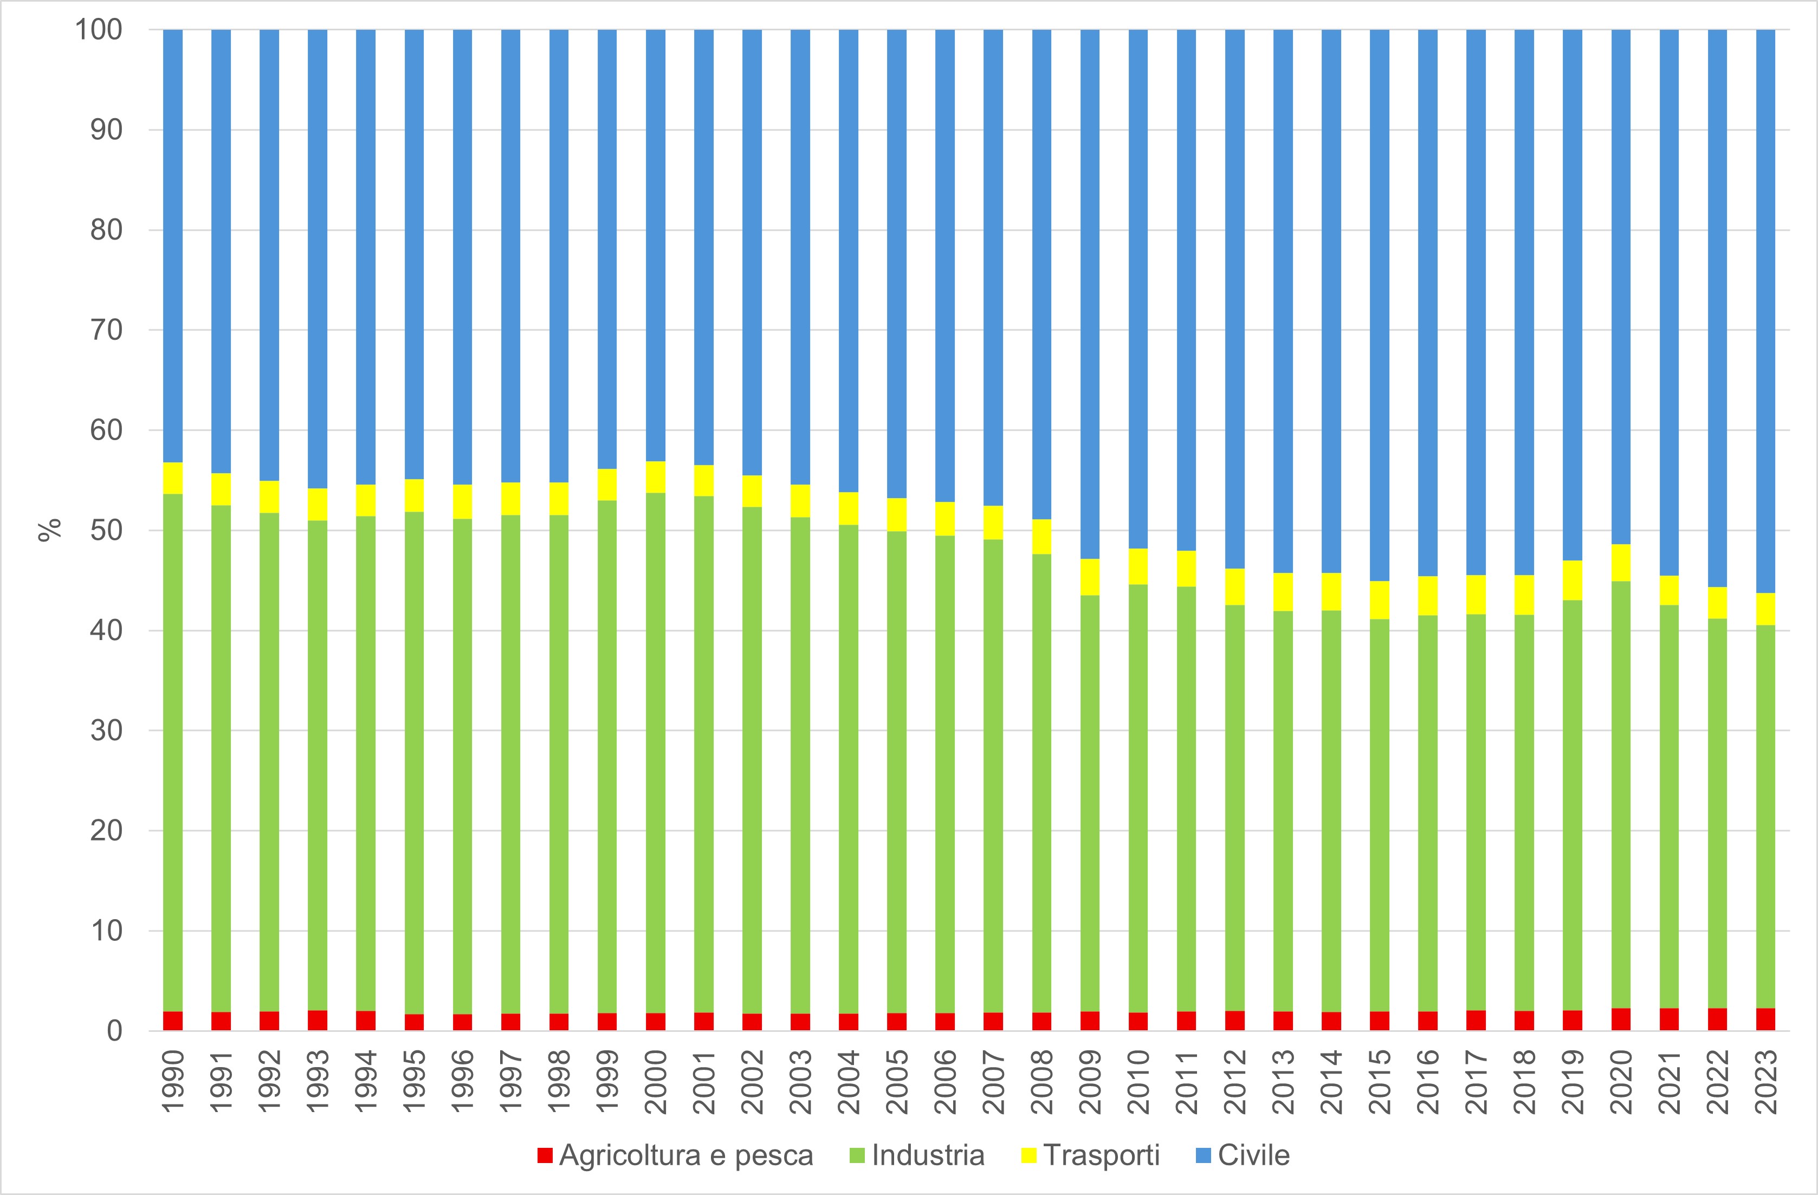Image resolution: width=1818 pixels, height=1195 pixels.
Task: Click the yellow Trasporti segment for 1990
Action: pos(173,479)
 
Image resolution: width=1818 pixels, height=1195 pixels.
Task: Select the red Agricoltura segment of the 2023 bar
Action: pos(1765,1019)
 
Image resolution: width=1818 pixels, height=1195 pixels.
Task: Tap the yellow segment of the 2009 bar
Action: pos(1089,577)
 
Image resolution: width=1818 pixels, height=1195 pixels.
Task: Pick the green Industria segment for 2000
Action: pos(655,753)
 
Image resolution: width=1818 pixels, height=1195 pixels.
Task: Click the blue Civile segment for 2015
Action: pos(1379,306)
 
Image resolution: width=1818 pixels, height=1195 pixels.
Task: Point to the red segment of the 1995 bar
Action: pos(414,1022)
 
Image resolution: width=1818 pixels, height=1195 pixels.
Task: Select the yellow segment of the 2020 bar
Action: pos(1621,563)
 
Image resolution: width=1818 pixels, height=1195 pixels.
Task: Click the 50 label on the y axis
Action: pos(106,530)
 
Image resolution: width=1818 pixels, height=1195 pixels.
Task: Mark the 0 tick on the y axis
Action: pos(114,1031)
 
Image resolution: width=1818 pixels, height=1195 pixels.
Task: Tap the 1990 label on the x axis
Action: pos(173,1083)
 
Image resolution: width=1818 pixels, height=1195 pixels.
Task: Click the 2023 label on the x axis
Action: pos(1766,1083)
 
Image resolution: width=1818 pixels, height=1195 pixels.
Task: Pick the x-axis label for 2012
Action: pos(1235,1083)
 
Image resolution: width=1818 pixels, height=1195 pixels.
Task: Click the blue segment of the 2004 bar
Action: pos(848,260)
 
